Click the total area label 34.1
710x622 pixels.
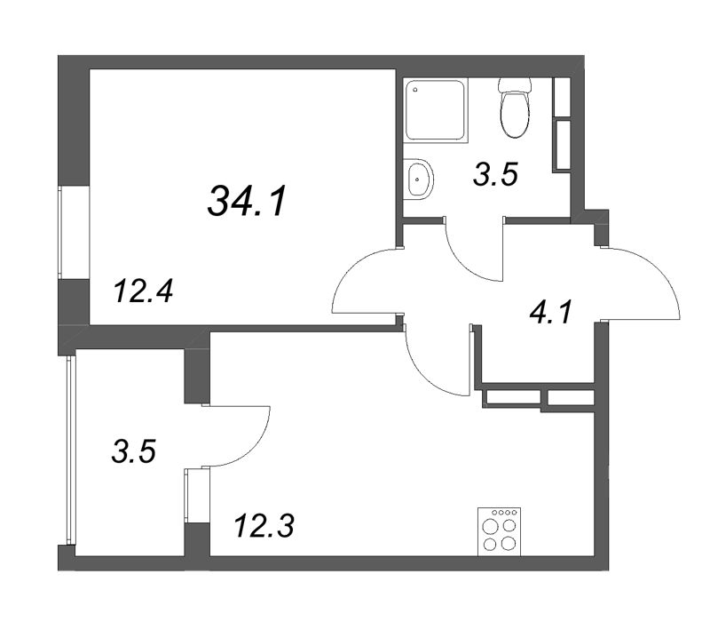[248, 201]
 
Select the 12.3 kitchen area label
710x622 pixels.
[264, 526]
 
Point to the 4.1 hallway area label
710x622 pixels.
[551, 312]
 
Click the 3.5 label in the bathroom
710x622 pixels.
[495, 174]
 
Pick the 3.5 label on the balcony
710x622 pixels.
[134, 452]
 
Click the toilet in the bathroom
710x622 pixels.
[515, 108]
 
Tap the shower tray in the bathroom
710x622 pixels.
[435, 109]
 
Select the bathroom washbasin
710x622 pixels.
[418, 179]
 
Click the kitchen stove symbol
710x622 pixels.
[500, 531]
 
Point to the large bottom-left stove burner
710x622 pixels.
[489, 544]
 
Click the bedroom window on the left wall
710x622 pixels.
[60, 232]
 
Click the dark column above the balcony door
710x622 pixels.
[197, 376]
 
